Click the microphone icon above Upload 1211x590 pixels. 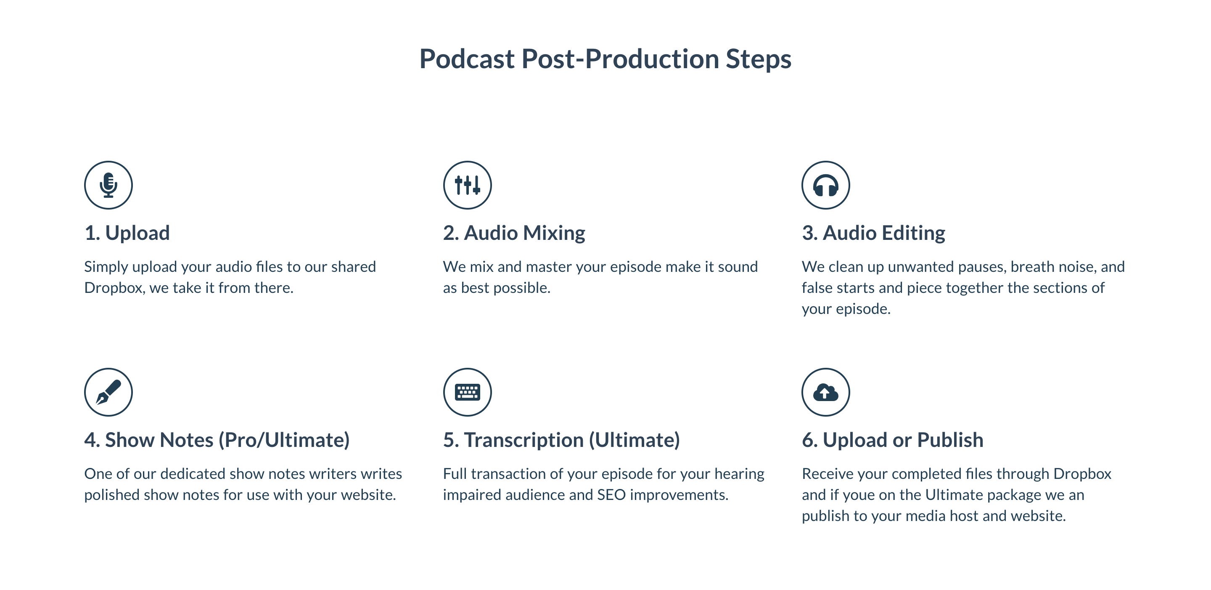pyautogui.click(x=108, y=185)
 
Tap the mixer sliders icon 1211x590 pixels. pyautogui.click(x=467, y=185)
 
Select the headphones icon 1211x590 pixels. pyautogui.click(x=825, y=185)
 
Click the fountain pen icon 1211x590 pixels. pyautogui.click(x=108, y=392)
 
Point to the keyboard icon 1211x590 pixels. pyautogui.click(x=467, y=392)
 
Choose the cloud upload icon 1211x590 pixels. pyautogui.click(x=825, y=392)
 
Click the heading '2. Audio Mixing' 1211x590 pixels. pyautogui.click(x=514, y=233)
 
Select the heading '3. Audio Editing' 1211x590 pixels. pyautogui.click(x=873, y=233)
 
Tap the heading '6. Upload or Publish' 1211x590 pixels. pyautogui.click(x=892, y=440)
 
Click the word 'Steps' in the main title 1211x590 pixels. pyautogui.click(x=758, y=59)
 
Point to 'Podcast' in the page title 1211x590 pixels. pyautogui.click(x=467, y=59)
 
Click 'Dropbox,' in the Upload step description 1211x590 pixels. pyautogui.click(x=115, y=287)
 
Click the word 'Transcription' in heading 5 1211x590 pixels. pyautogui.click(x=524, y=440)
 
